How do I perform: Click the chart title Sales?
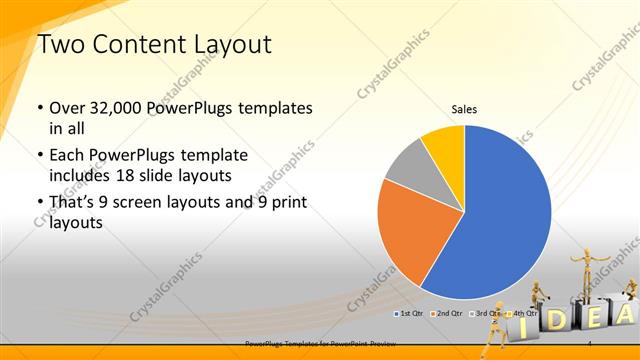tap(464, 108)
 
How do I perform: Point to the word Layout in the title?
tap(229, 44)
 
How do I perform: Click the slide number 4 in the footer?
tap(592, 343)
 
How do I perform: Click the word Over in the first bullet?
tap(69, 108)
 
